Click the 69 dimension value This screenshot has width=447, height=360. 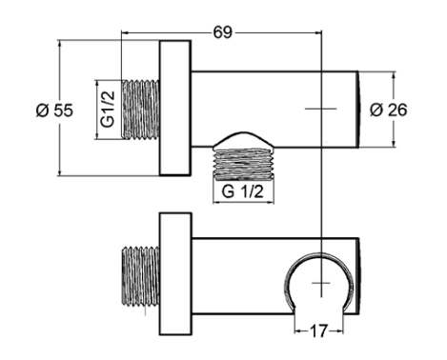(x=223, y=32)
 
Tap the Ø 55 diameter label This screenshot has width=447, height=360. (x=54, y=110)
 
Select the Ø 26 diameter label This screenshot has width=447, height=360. (x=388, y=110)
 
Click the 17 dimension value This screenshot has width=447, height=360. (x=318, y=331)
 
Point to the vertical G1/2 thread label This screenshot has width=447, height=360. (x=108, y=110)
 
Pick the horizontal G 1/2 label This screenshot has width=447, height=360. (x=242, y=191)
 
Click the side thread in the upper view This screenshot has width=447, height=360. (x=140, y=109)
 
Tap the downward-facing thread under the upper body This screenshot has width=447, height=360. (x=243, y=164)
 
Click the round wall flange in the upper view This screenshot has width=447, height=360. (x=175, y=108)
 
